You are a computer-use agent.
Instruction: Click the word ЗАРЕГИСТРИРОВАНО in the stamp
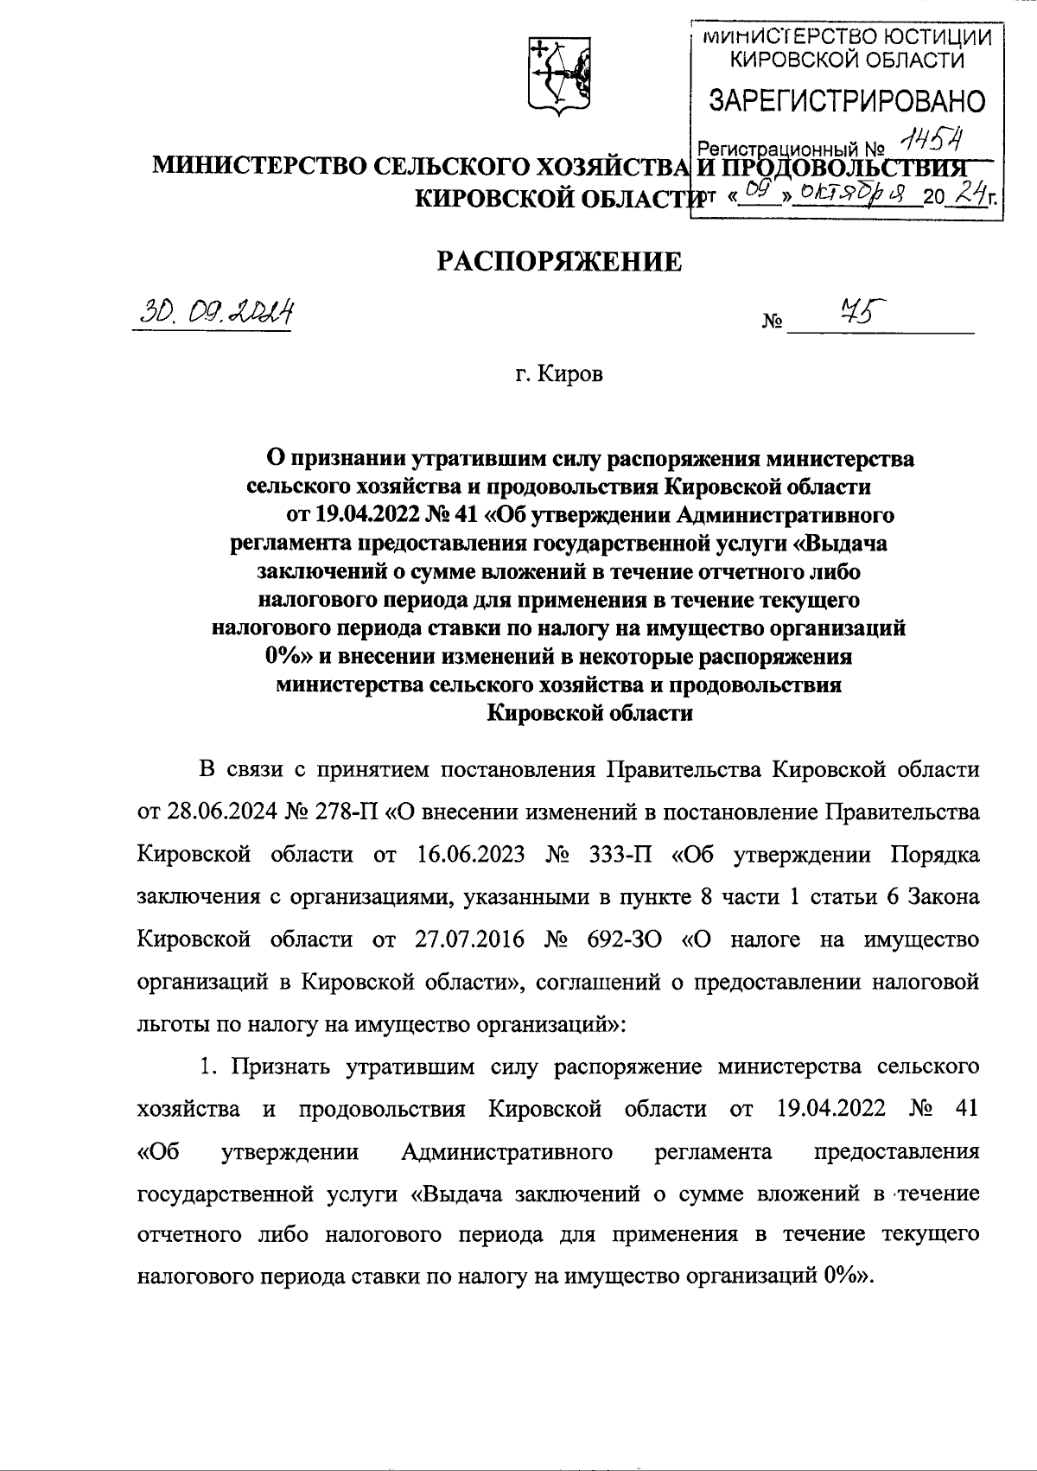pyautogui.click(x=846, y=101)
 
